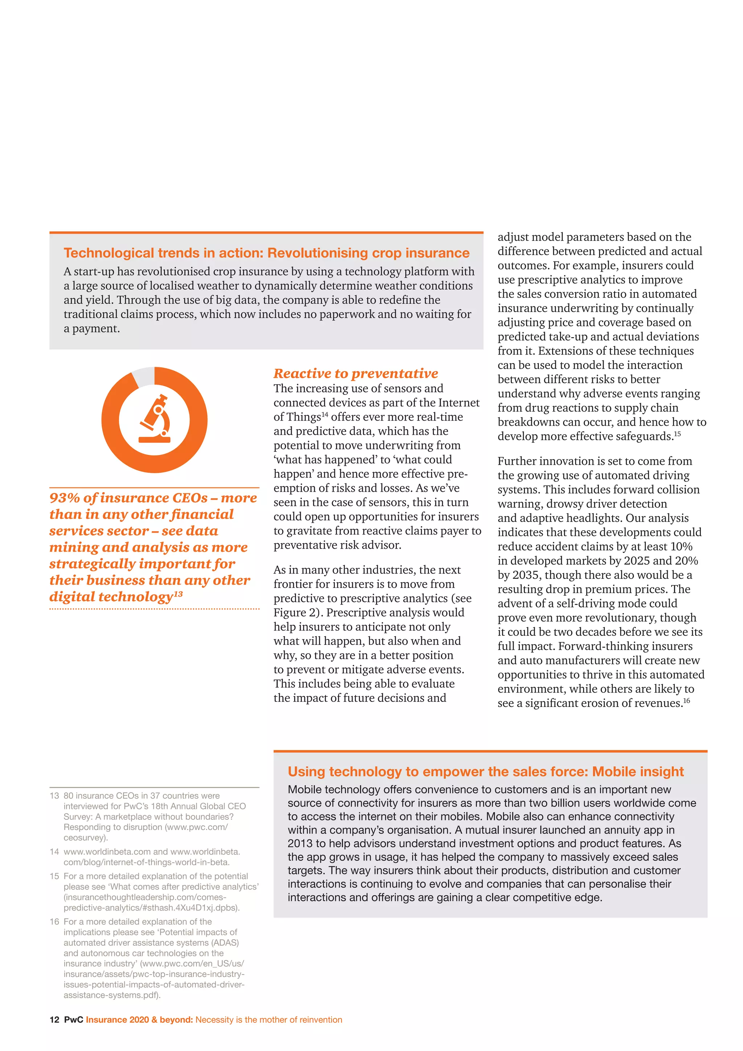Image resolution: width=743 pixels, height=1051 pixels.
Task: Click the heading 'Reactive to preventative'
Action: pos(356,373)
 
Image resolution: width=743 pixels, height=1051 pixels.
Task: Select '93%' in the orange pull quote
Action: pos(65,498)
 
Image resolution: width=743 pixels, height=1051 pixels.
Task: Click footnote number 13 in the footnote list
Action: pos(54,796)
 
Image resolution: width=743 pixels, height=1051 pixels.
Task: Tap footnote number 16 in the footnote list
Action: pos(54,922)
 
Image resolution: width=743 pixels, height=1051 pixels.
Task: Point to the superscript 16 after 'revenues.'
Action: pos(686,701)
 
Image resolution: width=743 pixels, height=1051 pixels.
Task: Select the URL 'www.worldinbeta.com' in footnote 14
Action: pos(107,852)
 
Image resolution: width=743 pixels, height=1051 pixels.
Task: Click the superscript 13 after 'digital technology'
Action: pos(178,594)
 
